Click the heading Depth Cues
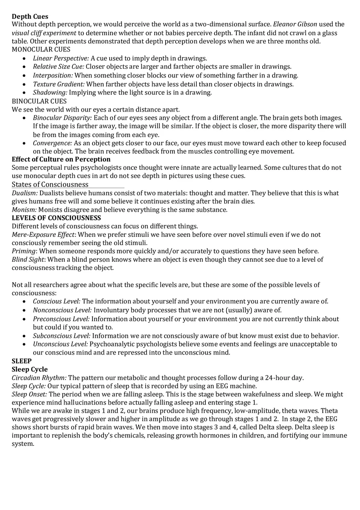point(30,16)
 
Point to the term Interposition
point(53,75)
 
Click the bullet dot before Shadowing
point(25,93)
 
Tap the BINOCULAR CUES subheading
point(39,101)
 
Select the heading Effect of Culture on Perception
point(61,159)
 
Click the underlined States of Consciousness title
point(50,184)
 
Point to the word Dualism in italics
point(25,193)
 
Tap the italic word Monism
point(24,210)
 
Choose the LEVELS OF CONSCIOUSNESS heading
point(56,218)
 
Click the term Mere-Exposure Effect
point(43,235)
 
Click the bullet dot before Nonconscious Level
point(25,310)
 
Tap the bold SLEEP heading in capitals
point(22,361)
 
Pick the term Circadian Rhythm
point(39,378)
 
